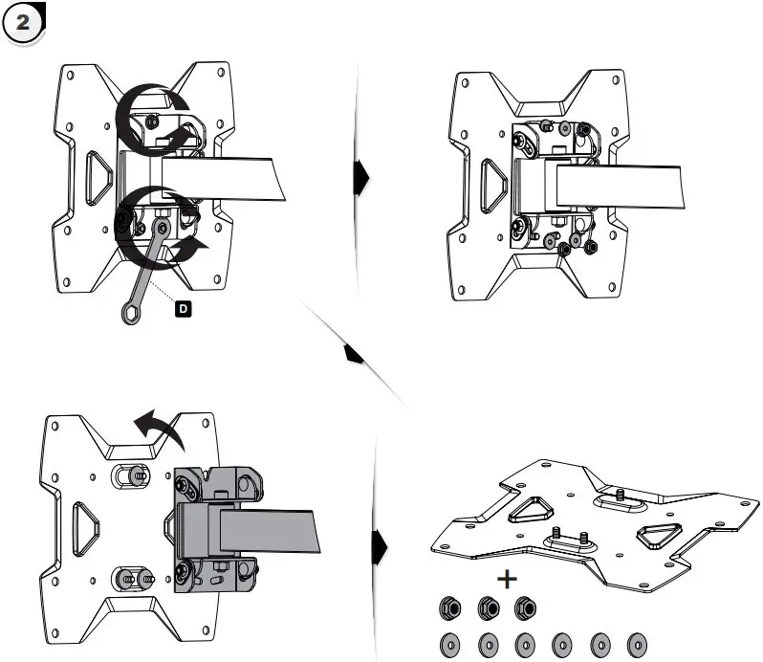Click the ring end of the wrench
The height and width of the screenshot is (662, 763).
click(127, 313)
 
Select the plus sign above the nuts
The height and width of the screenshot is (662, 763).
click(506, 579)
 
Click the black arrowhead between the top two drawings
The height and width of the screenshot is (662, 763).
click(361, 176)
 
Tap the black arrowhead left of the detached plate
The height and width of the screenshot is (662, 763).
click(380, 547)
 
